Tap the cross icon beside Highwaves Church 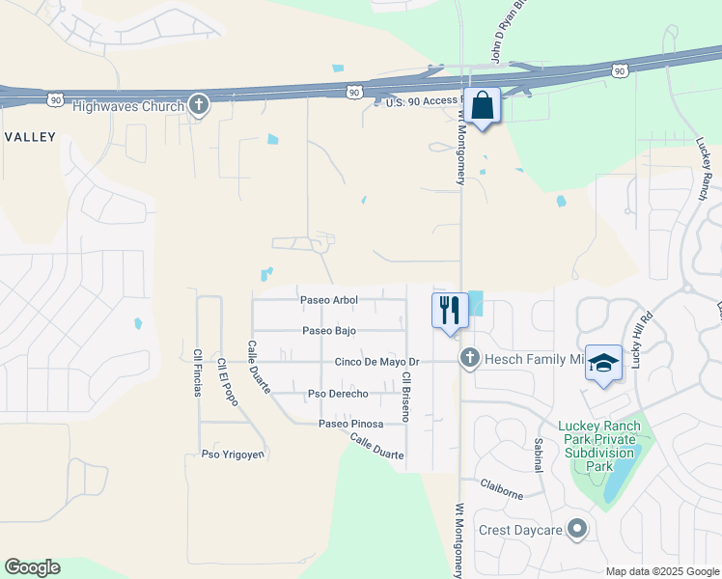[199, 105]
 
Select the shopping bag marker [483, 106]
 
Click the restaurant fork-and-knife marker [449, 311]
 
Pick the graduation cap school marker [603, 364]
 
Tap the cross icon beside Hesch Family [470, 359]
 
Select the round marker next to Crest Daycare [577, 528]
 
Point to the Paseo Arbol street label [328, 300]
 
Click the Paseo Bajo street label [329, 331]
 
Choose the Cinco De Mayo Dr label [377, 363]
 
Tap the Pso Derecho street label [337, 394]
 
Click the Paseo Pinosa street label [351, 424]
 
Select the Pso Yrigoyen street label [233, 455]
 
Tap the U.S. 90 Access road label [425, 102]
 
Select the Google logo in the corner [32, 567]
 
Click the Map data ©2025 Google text [661, 571]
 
